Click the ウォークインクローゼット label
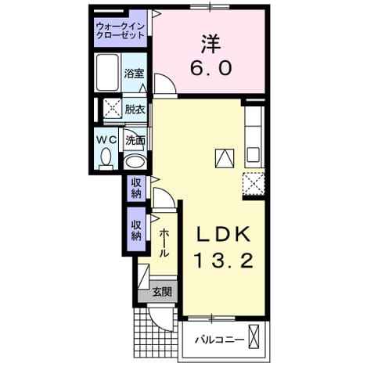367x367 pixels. [121, 31]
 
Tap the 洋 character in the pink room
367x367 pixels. [210, 45]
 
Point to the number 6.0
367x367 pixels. [210, 68]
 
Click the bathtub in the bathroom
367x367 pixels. [107, 73]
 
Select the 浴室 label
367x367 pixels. [134, 74]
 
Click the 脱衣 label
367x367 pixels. [135, 110]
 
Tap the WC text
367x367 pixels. [106, 140]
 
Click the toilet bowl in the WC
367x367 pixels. [106, 158]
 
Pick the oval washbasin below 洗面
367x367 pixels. [135, 162]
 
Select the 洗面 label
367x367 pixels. [135, 141]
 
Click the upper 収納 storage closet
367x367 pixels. [136, 188]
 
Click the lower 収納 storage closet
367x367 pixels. [136, 229]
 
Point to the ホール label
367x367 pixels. [164, 243]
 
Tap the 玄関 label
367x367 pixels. [162, 292]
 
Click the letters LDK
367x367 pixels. [223, 233]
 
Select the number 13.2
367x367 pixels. [224, 261]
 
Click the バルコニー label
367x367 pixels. [220, 340]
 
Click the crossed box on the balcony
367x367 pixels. [254, 336]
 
